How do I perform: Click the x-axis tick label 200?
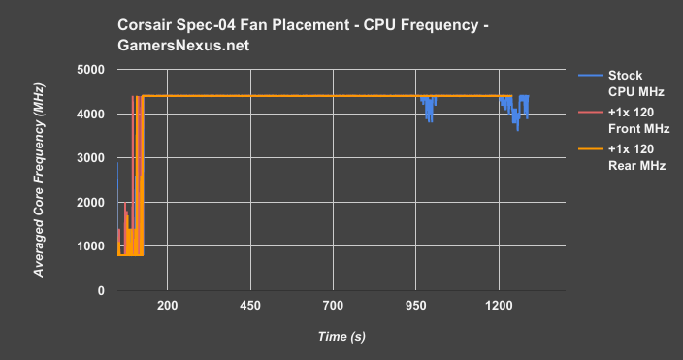167,305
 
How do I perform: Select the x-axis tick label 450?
249,305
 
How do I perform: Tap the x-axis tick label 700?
333,305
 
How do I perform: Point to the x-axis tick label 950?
415,305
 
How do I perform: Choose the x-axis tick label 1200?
499,305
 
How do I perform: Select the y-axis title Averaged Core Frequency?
40,180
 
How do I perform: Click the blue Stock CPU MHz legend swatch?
589,75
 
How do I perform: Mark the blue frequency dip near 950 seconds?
428,109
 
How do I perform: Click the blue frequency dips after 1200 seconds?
516,115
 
